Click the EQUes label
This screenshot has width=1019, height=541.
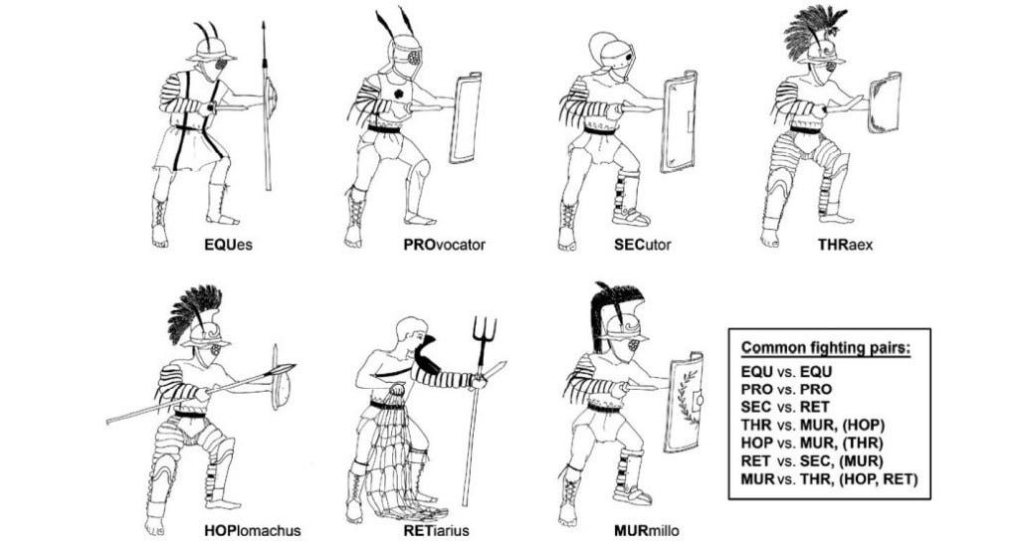pyautogui.click(x=228, y=245)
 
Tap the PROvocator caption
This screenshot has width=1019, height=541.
pyautogui.click(x=444, y=245)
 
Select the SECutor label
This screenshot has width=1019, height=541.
pyautogui.click(x=642, y=245)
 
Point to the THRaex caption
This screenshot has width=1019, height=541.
pyautogui.click(x=845, y=245)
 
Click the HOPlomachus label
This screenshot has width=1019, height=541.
pyautogui.click(x=252, y=531)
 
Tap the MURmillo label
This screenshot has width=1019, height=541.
pyautogui.click(x=646, y=531)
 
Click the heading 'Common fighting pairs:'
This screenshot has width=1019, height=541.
pyautogui.click(x=826, y=347)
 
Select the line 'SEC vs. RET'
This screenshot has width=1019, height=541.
pyautogui.click(x=785, y=407)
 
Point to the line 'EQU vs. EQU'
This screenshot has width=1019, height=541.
pyautogui.click(x=786, y=372)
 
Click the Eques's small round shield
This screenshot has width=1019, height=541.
pyautogui.click(x=272, y=98)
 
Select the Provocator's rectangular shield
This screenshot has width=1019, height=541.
pyautogui.click(x=466, y=117)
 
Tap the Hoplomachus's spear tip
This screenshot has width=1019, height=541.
pyautogui.click(x=282, y=370)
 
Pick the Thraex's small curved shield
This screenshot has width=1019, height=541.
pyautogui.click(x=885, y=102)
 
